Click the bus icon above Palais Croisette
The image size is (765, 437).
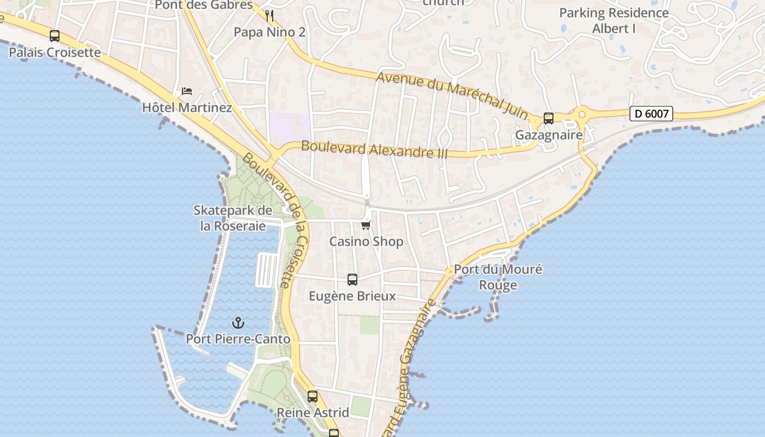(x=55, y=36)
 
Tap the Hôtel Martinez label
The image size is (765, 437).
(x=187, y=108)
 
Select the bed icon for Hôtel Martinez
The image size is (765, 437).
(x=187, y=91)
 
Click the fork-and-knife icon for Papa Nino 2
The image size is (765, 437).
(x=269, y=15)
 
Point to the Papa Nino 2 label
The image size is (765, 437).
(x=269, y=32)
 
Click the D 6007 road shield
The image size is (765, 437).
(x=651, y=114)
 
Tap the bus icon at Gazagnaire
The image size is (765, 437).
(x=549, y=119)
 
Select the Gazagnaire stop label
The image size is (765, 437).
(x=549, y=135)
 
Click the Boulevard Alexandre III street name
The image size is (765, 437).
(x=374, y=149)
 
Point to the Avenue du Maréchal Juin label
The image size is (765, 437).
(x=452, y=93)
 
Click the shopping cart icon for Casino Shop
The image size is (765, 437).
(x=366, y=225)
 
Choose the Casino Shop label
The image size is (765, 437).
(x=366, y=241)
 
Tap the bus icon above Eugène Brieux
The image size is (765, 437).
(x=352, y=280)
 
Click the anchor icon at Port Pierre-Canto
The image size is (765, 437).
(x=238, y=322)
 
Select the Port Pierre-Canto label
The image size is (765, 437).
(x=238, y=339)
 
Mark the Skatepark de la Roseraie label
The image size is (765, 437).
(x=233, y=218)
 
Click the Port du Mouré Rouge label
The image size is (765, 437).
(x=498, y=277)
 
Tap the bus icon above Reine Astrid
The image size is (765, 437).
(x=313, y=397)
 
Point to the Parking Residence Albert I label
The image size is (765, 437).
(x=614, y=20)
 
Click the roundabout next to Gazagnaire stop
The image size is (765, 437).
(x=581, y=115)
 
